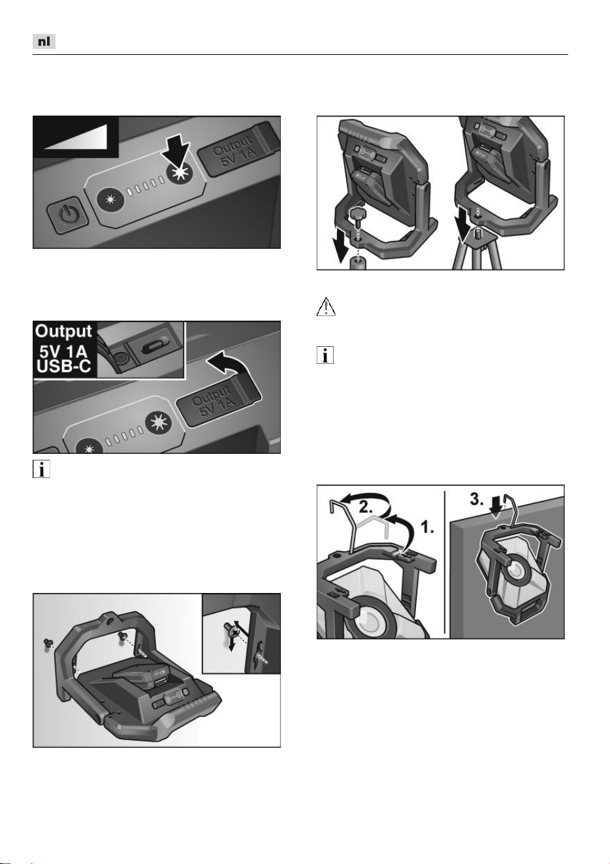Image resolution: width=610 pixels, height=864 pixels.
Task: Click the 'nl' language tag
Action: [x=44, y=41]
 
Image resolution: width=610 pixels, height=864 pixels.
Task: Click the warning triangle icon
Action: [x=326, y=307]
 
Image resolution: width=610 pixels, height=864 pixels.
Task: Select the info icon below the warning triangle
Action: [x=325, y=355]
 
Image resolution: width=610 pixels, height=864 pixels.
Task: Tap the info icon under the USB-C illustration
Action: [x=41, y=470]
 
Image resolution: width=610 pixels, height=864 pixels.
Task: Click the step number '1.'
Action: [x=426, y=528]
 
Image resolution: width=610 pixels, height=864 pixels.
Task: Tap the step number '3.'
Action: [x=477, y=500]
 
